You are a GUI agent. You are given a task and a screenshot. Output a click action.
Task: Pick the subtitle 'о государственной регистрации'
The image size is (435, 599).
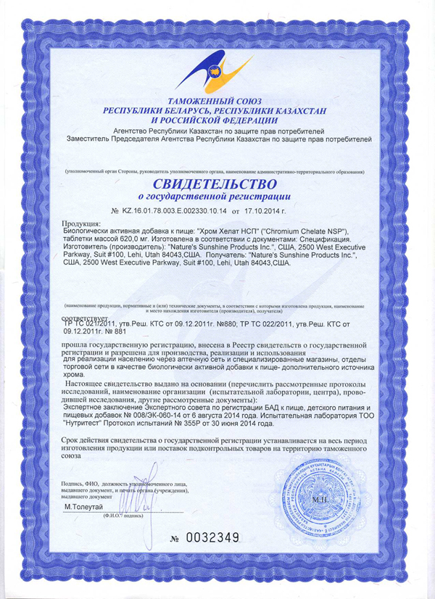pyautogui.click(x=215, y=196)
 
